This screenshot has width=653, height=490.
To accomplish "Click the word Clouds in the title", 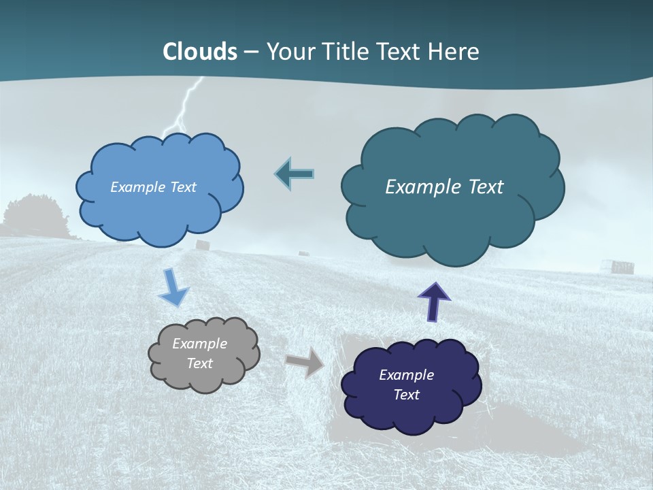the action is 200,52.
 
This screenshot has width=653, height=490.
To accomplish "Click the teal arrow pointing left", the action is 295,174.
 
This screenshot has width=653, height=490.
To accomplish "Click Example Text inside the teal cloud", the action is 444,187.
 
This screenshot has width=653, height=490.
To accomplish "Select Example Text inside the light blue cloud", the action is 153,187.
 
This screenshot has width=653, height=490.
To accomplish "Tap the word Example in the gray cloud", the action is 199,344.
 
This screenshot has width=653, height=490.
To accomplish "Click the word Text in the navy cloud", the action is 407,395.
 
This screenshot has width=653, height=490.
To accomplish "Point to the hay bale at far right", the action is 622,266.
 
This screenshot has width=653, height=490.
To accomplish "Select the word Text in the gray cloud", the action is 200,363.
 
